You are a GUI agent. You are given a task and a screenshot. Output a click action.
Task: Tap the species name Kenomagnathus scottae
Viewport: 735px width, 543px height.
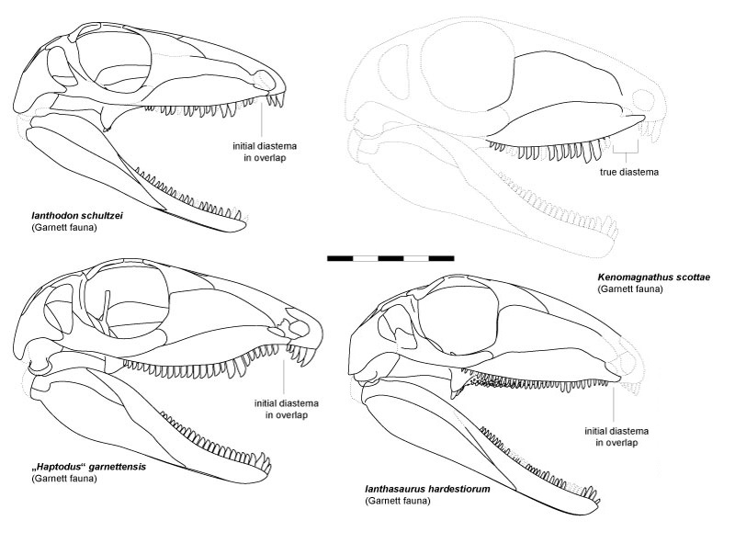(653, 277)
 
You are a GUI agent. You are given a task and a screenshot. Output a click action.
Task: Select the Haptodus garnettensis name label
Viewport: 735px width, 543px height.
(88, 467)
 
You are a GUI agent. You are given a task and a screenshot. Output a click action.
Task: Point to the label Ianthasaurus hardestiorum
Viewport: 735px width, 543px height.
(427, 489)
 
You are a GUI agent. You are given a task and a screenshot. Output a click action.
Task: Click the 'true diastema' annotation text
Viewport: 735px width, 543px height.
(629, 172)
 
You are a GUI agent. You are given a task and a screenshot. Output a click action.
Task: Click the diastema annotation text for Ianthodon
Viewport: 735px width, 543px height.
(265, 152)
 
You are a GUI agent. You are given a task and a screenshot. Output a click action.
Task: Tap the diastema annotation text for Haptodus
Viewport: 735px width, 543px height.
(287, 409)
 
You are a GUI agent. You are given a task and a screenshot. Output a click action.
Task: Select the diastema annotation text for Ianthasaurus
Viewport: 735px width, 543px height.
(616, 436)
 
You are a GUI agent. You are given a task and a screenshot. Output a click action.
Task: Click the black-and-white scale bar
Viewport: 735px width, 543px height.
(390, 258)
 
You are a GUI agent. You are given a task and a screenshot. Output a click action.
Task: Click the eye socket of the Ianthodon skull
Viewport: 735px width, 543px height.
(113, 59)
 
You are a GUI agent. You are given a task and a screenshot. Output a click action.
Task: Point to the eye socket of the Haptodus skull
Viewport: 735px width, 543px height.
(128, 302)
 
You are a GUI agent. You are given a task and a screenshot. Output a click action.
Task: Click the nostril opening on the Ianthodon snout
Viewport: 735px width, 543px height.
(265, 78)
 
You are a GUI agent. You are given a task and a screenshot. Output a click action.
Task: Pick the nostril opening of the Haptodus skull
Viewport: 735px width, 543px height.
(297, 327)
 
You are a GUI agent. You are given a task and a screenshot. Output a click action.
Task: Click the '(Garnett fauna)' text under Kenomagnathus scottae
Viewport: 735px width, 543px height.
(630, 288)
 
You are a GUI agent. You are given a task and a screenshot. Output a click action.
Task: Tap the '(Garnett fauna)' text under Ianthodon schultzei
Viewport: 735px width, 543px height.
(63, 228)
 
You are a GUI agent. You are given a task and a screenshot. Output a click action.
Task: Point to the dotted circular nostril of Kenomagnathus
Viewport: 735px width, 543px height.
(643, 101)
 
